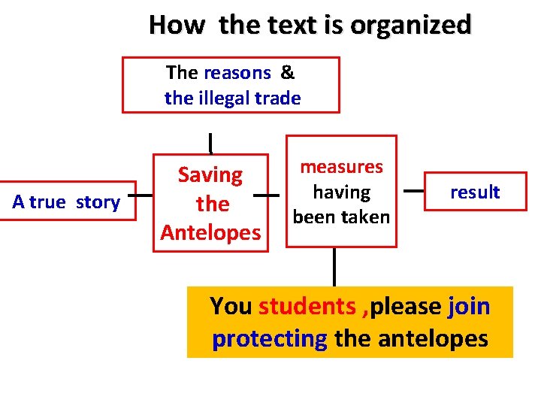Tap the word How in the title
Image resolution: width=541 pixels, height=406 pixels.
click(x=176, y=25)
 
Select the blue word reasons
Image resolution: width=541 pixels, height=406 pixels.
click(x=237, y=73)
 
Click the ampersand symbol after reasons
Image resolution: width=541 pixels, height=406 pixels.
click(x=288, y=73)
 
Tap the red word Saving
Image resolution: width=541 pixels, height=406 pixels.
click(x=210, y=175)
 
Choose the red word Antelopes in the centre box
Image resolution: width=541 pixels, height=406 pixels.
click(x=210, y=232)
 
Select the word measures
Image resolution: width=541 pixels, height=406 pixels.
click(x=341, y=167)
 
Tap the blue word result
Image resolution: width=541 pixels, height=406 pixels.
click(x=475, y=192)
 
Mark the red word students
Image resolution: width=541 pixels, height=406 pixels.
click(x=307, y=307)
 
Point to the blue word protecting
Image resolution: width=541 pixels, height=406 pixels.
click(x=270, y=339)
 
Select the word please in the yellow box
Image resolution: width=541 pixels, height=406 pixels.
click(x=405, y=307)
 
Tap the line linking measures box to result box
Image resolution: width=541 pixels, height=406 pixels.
click(x=413, y=191)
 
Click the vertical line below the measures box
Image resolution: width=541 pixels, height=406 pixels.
click(x=334, y=266)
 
